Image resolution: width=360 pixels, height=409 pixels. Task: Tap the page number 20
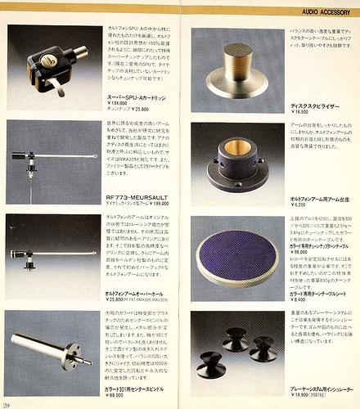pos(7,403)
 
